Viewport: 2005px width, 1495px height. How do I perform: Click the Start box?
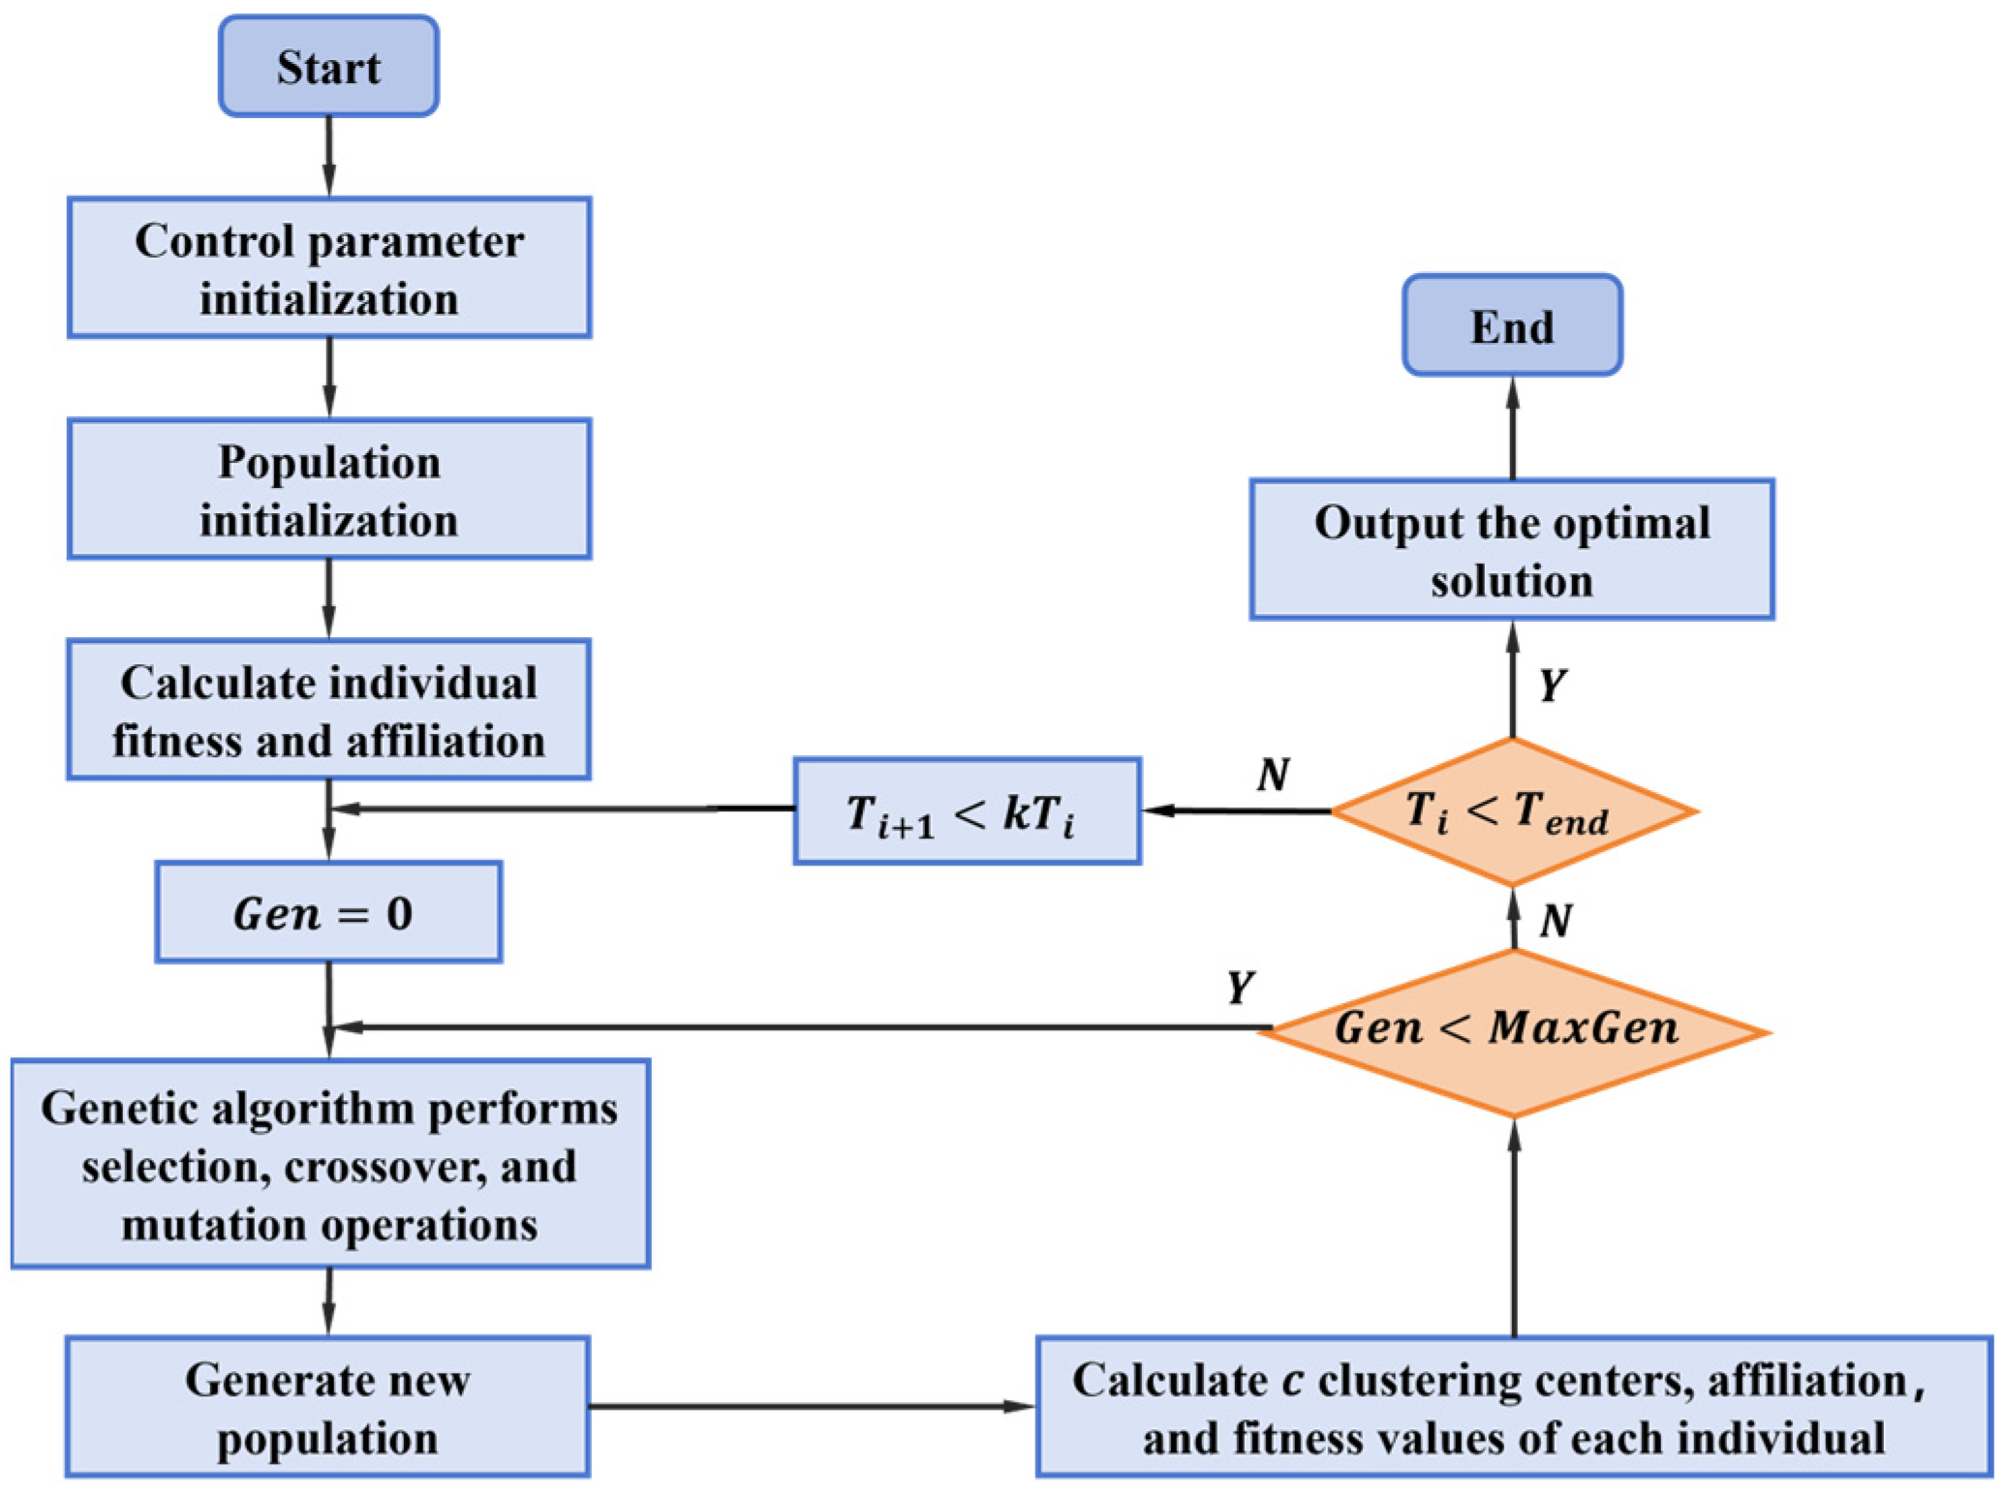click(328, 67)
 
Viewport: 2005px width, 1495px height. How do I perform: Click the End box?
click(1511, 325)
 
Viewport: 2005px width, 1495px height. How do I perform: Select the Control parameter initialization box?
click(329, 268)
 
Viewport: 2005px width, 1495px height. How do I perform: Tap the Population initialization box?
click(329, 489)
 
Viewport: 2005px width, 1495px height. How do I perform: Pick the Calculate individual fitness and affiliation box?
click(329, 710)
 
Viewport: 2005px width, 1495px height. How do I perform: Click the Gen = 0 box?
click(328, 912)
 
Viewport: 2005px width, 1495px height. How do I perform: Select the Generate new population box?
click(327, 1407)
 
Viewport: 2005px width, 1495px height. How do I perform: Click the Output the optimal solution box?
click(1511, 549)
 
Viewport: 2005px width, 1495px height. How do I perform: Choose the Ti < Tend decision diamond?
click(1513, 811)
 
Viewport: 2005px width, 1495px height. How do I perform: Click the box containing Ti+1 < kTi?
click(967, 811)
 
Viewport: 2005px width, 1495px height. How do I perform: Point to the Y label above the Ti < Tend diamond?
click(1552, 686)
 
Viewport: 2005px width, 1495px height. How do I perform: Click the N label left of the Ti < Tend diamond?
click(1273, 774)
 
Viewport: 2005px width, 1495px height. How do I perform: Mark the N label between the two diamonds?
click(1556, 920)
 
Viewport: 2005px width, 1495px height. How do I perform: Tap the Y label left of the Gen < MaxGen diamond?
click(1240, 988)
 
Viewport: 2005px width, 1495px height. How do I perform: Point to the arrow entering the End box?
click(1513, 426)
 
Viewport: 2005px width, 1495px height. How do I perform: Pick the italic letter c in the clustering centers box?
click(1291, 1381)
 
